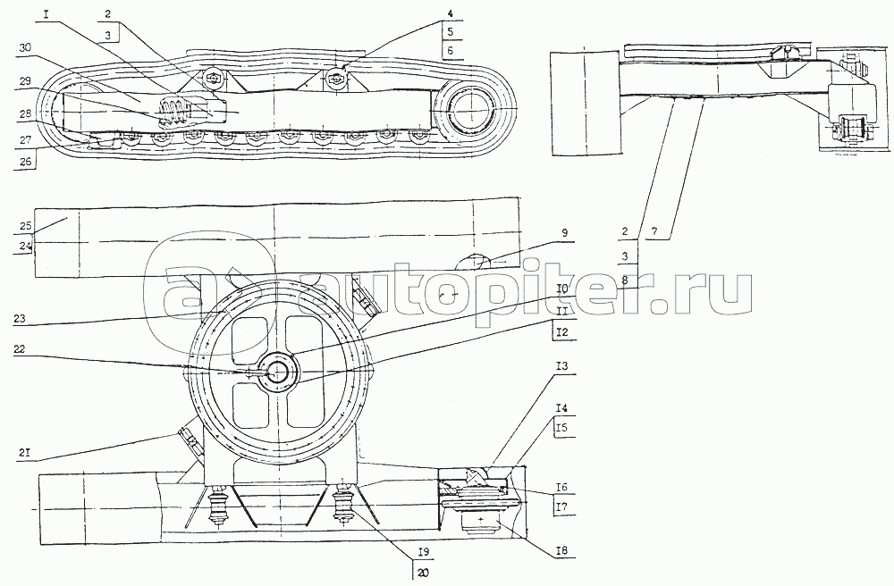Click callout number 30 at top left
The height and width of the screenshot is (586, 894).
pos(23,49)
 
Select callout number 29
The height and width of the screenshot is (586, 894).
pos(23,81)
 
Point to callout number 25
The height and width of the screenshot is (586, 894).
pos(23,226)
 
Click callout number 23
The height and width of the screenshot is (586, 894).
pos(19,320)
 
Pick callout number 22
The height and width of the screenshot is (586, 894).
pos(19,351)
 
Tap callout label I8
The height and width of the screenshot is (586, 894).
pos(561,552)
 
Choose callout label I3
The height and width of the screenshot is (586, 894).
pos(561,366)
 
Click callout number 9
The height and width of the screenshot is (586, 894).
pos(564,232)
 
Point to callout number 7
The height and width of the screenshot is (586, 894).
pos(654,231)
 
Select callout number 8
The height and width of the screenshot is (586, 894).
pos(626,280)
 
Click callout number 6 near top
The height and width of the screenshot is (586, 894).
pos(450,50)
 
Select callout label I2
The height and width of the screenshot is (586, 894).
pos(561,332)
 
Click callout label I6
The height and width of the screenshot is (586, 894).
pos(561,488)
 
